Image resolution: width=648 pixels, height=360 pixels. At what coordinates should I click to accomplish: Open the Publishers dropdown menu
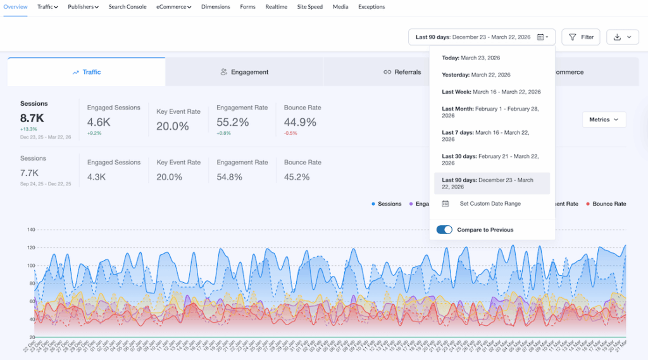[82, 7]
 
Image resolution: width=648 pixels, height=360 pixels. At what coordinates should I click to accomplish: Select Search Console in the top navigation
[127, 7]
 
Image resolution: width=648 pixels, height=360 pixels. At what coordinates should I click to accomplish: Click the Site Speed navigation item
[310, 7]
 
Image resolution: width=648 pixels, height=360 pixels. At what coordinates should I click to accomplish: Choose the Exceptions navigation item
[371, 7]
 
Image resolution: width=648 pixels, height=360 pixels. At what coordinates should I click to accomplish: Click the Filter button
[581, 37]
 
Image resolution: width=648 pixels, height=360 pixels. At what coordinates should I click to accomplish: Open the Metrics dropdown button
[604, 120]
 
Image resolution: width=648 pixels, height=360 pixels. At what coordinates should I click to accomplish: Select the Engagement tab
[244, 72]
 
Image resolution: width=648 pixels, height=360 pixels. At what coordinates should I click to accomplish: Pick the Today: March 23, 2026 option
[471, 58]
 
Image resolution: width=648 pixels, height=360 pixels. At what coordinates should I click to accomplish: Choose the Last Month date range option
[491, 112]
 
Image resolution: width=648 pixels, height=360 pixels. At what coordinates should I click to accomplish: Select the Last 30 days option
[491, 160]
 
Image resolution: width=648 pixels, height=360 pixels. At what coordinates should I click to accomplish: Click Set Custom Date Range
[490, 204]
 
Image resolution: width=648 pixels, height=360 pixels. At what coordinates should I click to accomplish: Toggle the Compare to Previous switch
[444, 230]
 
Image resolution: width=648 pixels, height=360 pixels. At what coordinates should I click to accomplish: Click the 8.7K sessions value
[32, 118]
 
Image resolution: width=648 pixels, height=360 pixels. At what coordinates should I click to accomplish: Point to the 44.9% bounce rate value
[300, 122]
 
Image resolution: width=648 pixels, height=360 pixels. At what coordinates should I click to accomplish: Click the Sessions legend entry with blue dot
[387, 204]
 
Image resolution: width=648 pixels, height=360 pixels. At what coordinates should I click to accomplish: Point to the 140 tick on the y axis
[30, 230]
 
